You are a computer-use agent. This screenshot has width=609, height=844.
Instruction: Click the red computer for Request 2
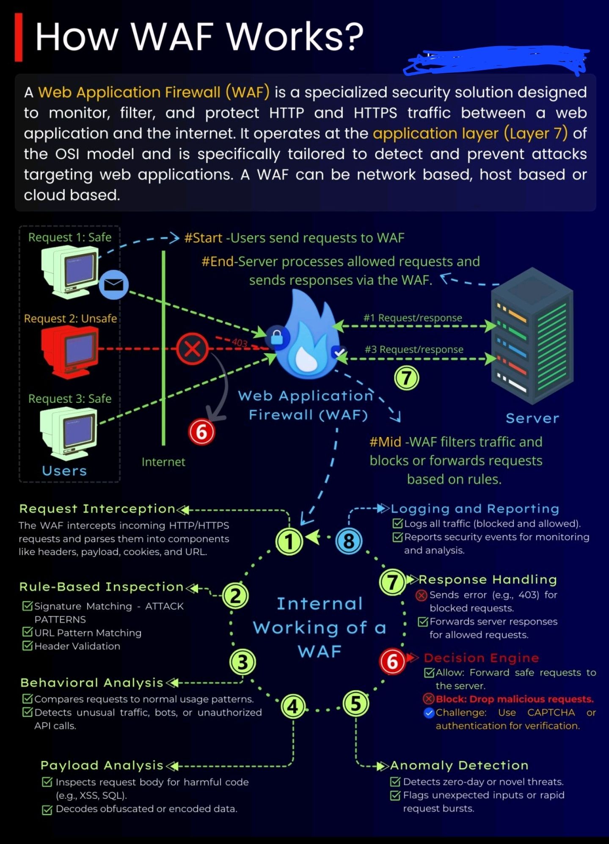coord(70,351)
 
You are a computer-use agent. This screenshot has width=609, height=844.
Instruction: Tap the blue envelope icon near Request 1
coord(114,285)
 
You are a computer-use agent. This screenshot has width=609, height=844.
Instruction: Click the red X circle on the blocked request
coord(193,349)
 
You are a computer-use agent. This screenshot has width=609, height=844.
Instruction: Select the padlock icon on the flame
coord(277,338)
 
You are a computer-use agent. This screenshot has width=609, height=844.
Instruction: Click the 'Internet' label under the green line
coord(163,462)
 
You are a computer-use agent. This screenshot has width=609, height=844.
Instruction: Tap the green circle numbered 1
coord(289,542)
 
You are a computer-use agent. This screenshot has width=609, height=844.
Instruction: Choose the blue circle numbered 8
coord(349,541)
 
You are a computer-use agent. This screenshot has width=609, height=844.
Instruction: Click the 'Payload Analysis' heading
coord(102,765)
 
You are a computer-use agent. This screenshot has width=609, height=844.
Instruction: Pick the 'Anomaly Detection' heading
coord(459,765)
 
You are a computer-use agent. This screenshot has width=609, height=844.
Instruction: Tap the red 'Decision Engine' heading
coord(481,658)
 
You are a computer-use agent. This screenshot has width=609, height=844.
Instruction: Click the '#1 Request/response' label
coord(413,318)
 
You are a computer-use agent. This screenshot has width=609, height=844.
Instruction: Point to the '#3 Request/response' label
coord(414,349)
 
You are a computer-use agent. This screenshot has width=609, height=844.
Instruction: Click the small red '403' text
coord(240,343)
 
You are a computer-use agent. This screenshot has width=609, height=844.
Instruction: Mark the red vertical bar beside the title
coord(19,37)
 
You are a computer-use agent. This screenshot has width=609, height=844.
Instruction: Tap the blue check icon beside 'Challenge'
coord(429,713)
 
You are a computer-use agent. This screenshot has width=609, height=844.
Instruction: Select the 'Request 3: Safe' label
coord(70,399)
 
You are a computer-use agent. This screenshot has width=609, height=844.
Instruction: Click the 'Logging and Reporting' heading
coord(475,509)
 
